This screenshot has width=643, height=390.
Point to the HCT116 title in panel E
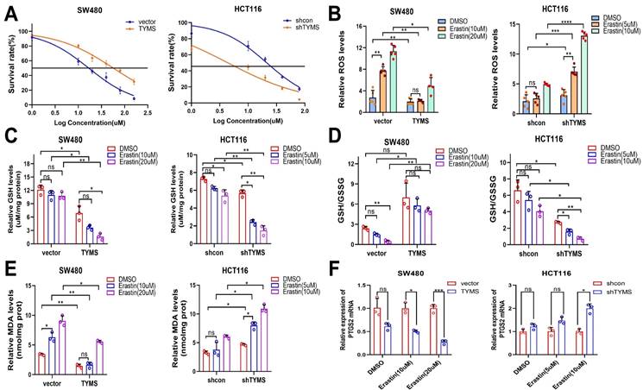click(228, 267)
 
